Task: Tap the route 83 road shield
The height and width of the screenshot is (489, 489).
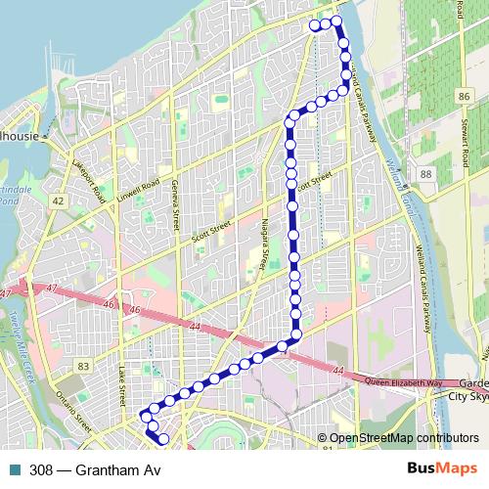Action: tap(82, 366)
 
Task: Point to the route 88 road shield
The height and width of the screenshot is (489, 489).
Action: tap(425, 173)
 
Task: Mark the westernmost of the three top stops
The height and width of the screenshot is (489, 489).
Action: tap(314, 25)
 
